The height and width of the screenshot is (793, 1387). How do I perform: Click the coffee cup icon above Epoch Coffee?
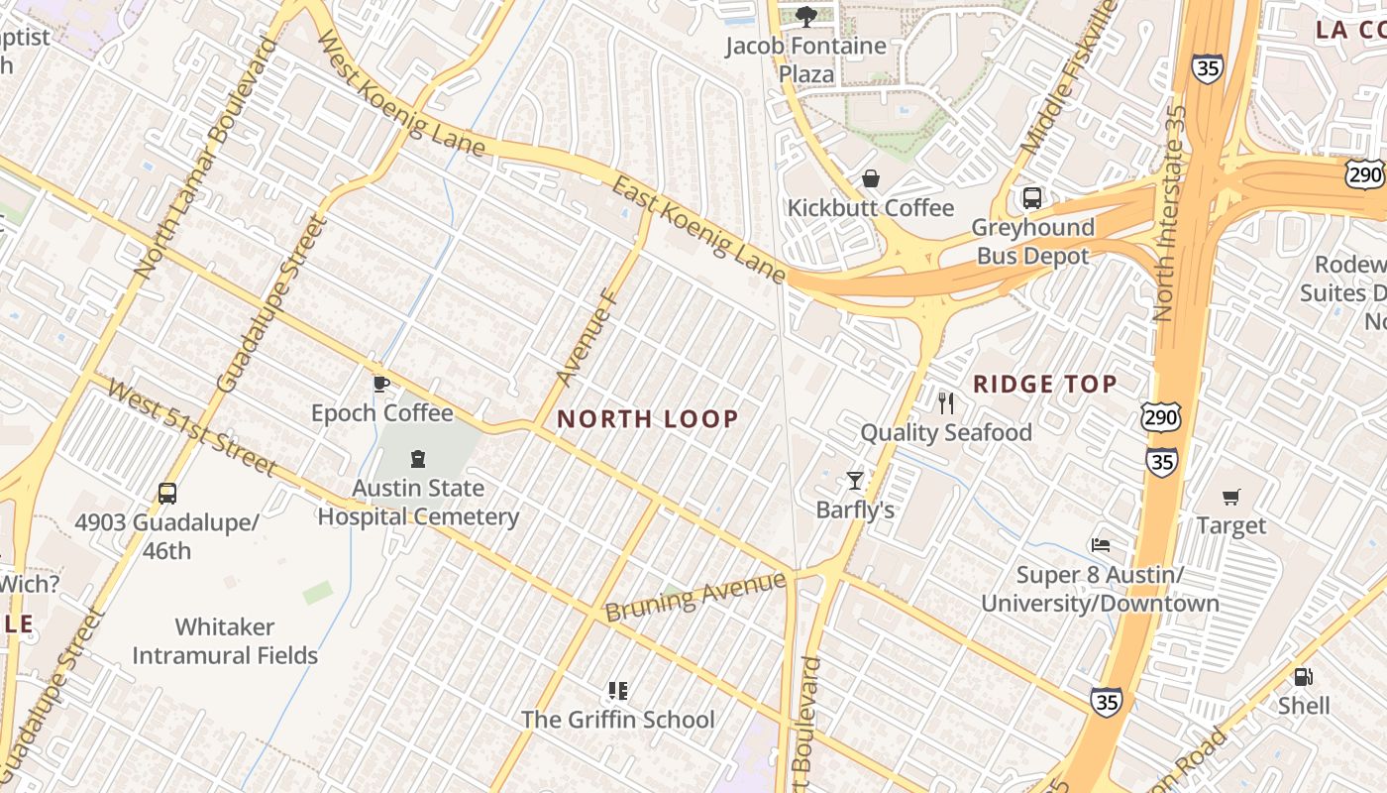coord(380,384)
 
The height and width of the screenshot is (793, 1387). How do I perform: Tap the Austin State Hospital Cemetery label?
coord(418,502)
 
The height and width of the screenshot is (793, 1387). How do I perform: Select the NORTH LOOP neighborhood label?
coord(648,418)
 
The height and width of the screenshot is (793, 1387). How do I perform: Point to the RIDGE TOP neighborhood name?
coord(1045,384)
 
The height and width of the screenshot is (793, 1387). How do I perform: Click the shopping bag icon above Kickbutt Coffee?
coord(870,178)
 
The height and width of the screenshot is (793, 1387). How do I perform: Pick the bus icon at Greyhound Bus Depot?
coord(1032,198)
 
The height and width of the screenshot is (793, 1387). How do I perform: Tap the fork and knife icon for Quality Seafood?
coord(945,402)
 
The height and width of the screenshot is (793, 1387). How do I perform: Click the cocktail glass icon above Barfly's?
coord(855,481)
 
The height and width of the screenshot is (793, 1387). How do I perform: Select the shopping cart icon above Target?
coord(1231,497)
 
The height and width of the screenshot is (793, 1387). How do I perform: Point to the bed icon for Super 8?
coord(1100,545)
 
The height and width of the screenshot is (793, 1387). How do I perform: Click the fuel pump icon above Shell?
coord(1304,677)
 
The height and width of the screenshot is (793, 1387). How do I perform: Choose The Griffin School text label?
coord(618,719)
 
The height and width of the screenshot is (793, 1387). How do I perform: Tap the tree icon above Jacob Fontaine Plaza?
coord(805,16)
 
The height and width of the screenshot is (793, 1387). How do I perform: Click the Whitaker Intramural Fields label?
coord(225,640)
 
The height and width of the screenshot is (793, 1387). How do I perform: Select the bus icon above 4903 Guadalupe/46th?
coord(167,493)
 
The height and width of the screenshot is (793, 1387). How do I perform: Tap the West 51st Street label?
coord(192,427)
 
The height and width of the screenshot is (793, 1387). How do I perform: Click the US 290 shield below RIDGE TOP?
coord(1160,417)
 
